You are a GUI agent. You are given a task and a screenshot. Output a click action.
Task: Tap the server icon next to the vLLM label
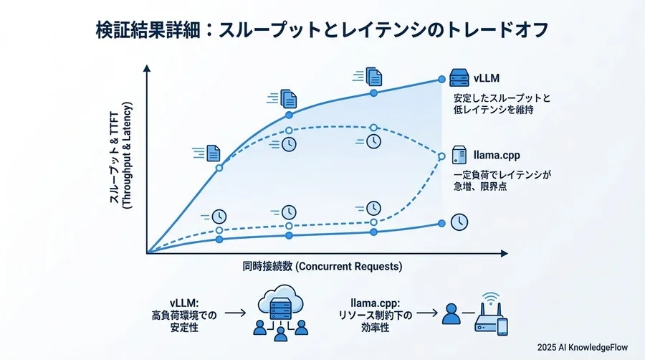[x=459, y=76]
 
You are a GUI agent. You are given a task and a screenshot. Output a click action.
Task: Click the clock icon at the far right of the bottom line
[x=459, y=222]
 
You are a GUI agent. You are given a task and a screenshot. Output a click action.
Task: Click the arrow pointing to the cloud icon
[x=234, y=313]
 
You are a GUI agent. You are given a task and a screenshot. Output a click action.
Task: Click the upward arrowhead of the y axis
[x=147, y=69]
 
